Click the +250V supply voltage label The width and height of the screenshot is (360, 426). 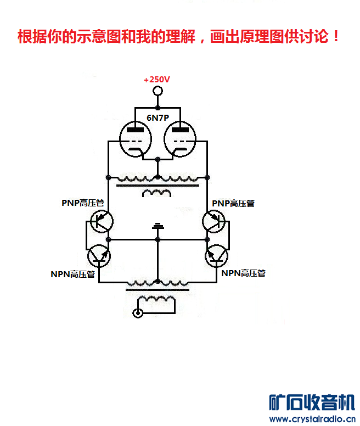coord(157,80)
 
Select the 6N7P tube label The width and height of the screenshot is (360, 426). coord(157,117)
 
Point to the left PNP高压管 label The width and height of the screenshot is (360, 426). coord(82,203)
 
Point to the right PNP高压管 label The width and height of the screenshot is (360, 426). coord(233,203)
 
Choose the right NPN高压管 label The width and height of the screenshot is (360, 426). coord(243,272)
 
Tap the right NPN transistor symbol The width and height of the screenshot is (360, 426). coord(217,255)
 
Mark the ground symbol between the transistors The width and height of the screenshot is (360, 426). coord(157,226)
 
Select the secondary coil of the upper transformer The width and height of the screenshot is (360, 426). coord(156,193)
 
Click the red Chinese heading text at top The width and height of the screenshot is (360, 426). coord(179,37)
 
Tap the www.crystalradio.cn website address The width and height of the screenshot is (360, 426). coord(310,419)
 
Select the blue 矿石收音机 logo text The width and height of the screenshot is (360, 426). coord(311,403)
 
